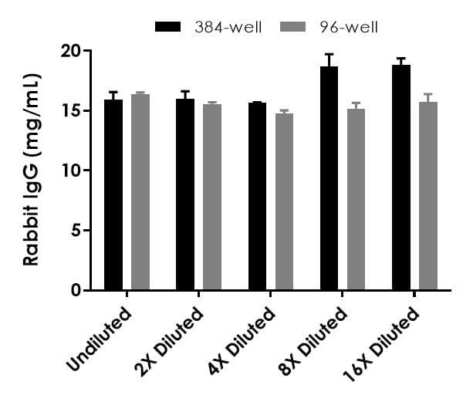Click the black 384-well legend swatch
167,27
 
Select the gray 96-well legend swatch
296,27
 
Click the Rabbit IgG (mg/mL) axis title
30,171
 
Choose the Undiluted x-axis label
99,340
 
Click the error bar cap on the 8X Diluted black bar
330,54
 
